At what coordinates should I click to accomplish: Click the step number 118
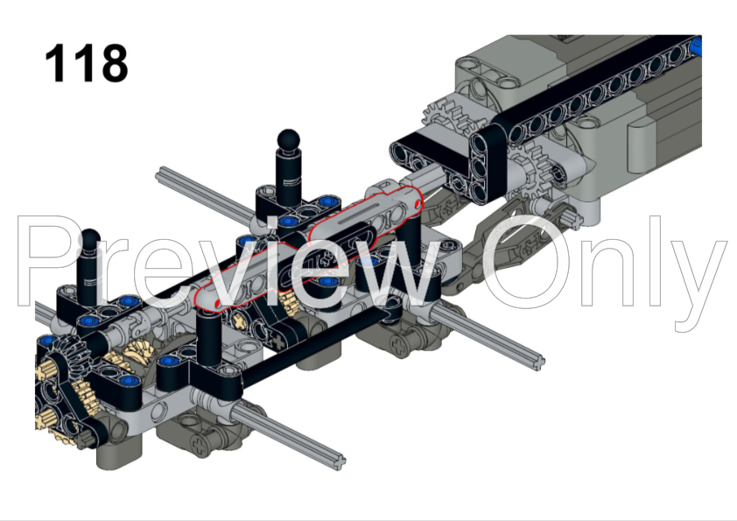86,63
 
